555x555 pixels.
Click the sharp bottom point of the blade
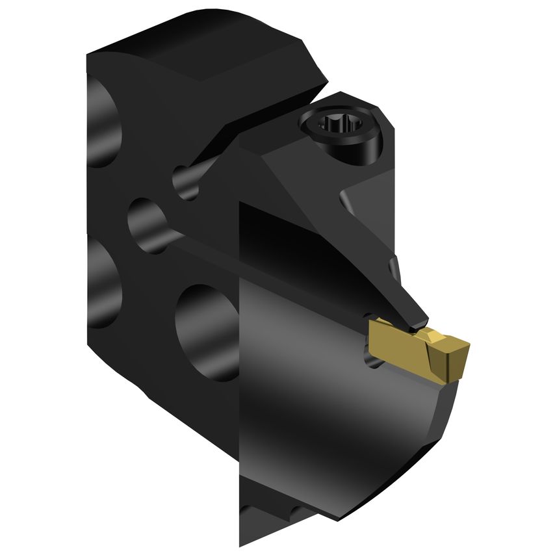click(242, 543)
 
